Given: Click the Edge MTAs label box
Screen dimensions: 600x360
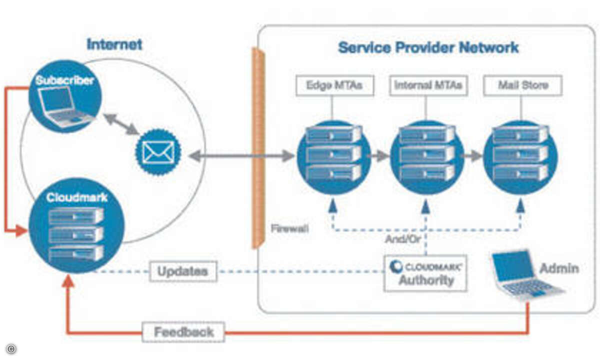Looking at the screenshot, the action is pos(335,85).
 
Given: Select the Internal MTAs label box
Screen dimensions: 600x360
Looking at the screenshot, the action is pos(428,85).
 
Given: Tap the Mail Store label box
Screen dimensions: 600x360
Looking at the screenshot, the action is pos(523,85).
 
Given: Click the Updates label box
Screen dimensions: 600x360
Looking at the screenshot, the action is pos(183,271).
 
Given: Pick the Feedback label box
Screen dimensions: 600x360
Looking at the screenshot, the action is pos(183,332).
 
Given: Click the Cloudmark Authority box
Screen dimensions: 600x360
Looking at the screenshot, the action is pos(425,273).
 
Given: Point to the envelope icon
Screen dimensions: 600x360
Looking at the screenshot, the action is pos(158,152).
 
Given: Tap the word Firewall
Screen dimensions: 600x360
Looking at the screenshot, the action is pos(290,228).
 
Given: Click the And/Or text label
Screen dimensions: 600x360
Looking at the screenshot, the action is pos(403,239).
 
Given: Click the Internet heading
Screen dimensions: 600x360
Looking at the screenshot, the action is pos(114,44).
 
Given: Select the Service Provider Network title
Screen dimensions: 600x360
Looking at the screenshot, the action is pos(428,47).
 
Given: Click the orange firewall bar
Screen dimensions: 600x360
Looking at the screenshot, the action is pos(258,148).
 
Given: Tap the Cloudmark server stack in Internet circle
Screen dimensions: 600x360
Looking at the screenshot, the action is pos(76,234).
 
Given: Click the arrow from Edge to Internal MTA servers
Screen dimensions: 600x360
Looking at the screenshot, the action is pos(378,156).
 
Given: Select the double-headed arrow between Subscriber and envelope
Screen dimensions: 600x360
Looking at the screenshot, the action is pos(121,124).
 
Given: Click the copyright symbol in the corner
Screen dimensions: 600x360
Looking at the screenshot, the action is pos(11,349).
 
